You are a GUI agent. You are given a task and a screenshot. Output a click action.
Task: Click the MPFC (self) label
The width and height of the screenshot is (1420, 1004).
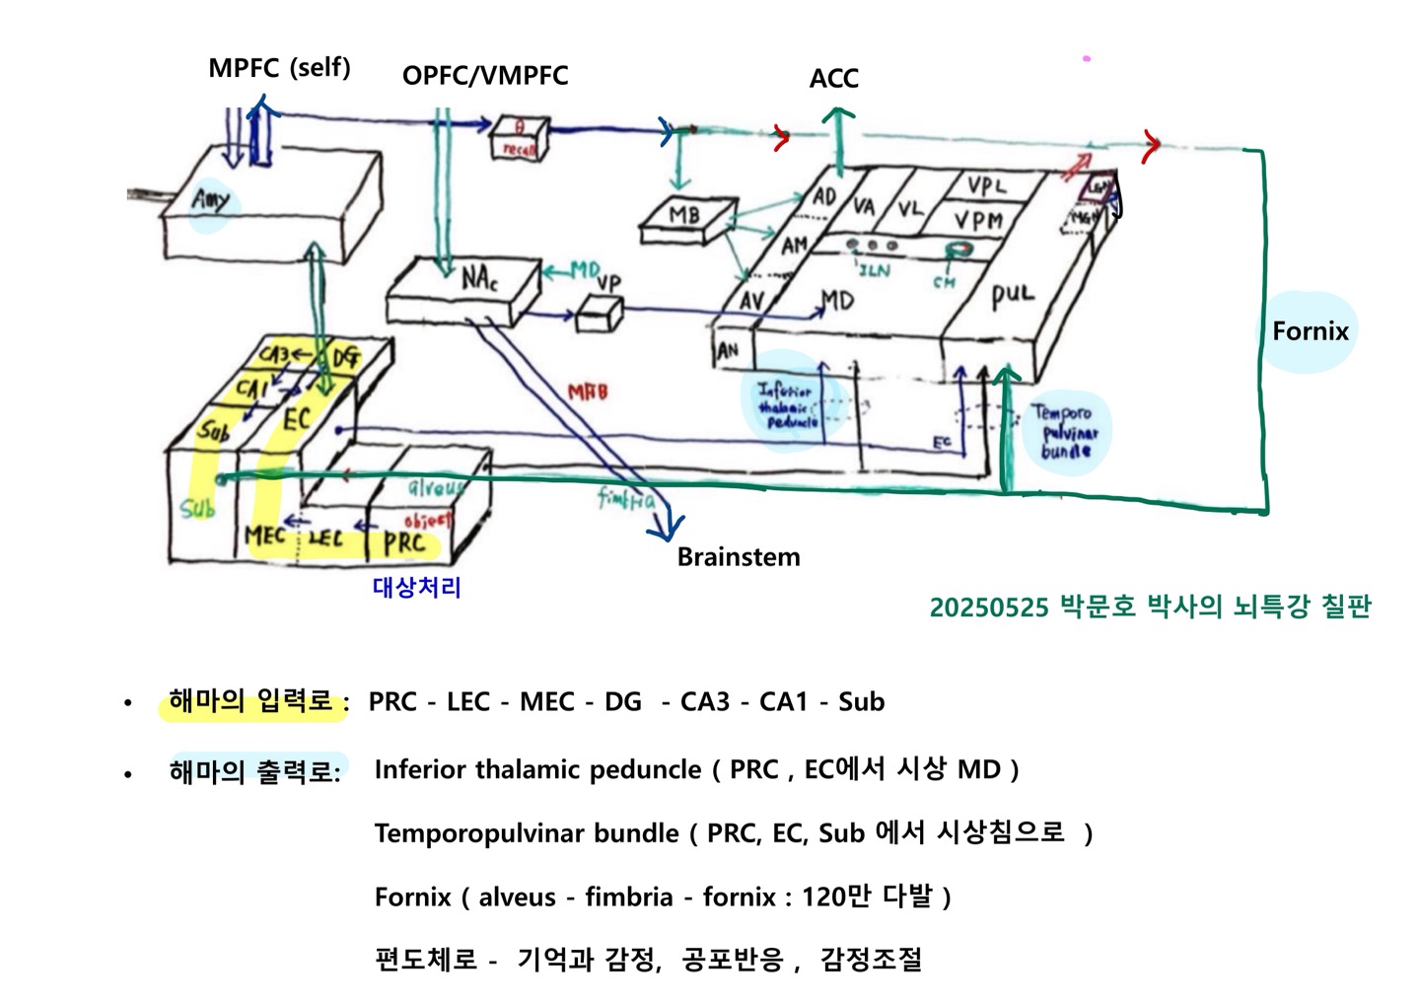[279, 68]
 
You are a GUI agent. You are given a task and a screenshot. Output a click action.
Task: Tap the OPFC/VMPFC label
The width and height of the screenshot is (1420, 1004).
[485, 76]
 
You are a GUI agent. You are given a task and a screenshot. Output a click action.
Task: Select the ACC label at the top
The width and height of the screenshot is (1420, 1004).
[833, 79]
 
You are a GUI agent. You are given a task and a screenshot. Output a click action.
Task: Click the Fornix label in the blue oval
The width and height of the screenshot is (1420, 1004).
[1310, 331]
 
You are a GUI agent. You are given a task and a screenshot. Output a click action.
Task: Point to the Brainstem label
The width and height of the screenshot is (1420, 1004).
[738, 557]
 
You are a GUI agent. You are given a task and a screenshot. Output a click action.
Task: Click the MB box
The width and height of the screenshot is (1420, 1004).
[683, 216]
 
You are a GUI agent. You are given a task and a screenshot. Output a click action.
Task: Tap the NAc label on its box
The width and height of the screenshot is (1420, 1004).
[479, 279]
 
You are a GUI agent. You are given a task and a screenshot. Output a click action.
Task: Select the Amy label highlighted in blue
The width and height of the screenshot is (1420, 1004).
[210, 201]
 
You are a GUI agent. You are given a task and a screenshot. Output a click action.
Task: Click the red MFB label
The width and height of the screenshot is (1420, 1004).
[588, 393]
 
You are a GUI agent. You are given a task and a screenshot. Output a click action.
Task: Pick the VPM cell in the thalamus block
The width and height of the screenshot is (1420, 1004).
[978, 220]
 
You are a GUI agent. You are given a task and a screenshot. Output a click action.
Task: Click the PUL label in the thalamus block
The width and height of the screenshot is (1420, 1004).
[1013, 295]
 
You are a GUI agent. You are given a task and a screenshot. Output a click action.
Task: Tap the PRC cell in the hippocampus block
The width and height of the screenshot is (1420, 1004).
[404, 542]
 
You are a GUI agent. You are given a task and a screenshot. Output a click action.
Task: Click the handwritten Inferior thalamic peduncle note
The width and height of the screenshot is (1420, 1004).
[786, 405]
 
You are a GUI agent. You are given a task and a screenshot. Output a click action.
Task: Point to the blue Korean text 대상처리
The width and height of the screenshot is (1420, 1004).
[417, 588]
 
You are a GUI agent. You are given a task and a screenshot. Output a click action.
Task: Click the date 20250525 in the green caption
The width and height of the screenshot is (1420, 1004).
[988, 608]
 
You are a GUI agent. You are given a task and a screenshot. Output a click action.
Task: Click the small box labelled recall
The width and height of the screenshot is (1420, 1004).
[519, 139]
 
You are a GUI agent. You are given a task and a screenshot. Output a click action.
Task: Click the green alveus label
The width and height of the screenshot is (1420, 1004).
[434, 488]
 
